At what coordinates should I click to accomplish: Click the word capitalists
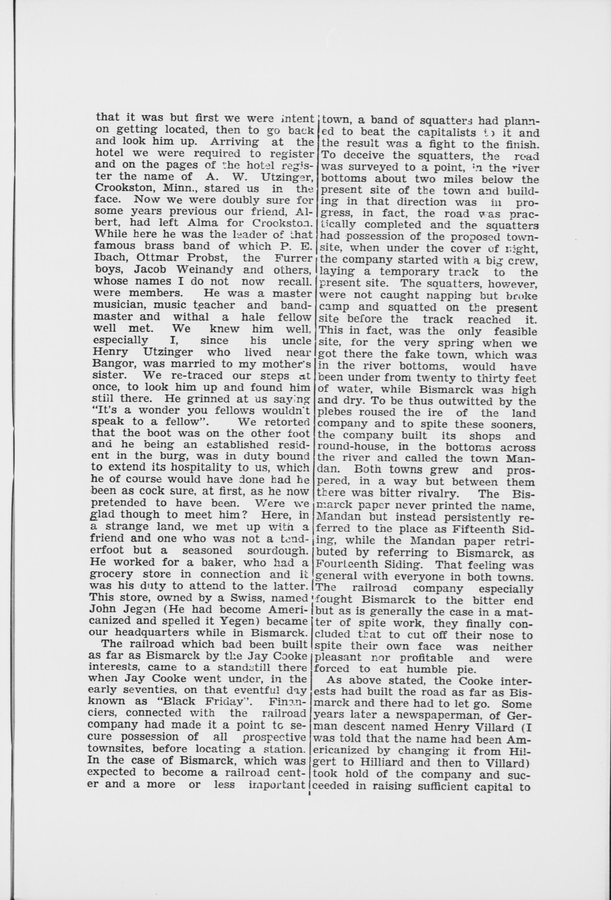point(427,133)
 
